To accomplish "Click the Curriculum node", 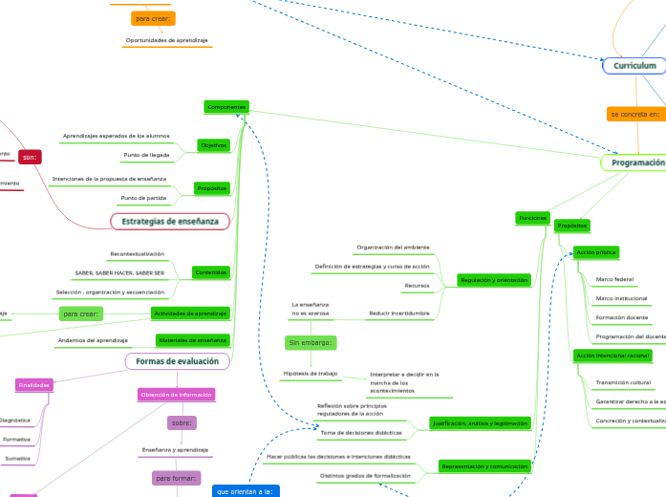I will (x=634, y=66).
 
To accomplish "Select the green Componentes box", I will (x=227, y=107).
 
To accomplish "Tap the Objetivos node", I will (x=213, y=145).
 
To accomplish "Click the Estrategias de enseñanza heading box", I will (x=170, y=222).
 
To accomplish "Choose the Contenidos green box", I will (x=210, y=272).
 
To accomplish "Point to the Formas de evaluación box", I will (x=178, y=361).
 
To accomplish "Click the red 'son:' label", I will (x=30, y=157).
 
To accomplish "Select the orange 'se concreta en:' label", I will (x=634, y=114).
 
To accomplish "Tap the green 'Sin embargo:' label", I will (x=310, y=342).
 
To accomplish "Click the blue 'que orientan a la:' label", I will (x=246, y=490).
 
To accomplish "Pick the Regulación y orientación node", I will (x=493, y=280).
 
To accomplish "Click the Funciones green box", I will (x=532, y=218).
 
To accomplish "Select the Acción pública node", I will (x=595, y=252).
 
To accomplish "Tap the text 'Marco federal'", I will (x=614, y=279).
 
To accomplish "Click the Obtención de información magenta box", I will (x=176, y=394).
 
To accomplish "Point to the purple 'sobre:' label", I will (x=182, y=422).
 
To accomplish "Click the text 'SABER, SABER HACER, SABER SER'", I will (x=119, y=273).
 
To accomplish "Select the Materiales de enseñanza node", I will (x=192, y=339).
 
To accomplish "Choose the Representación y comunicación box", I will (x=484, y=466).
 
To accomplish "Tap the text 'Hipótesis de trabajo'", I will (x=310, y=373).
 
